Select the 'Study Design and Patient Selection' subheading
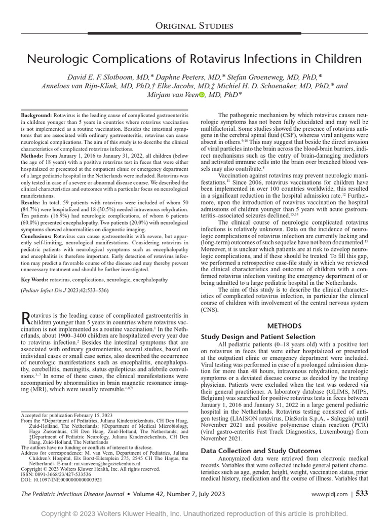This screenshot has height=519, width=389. coord(258,337)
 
